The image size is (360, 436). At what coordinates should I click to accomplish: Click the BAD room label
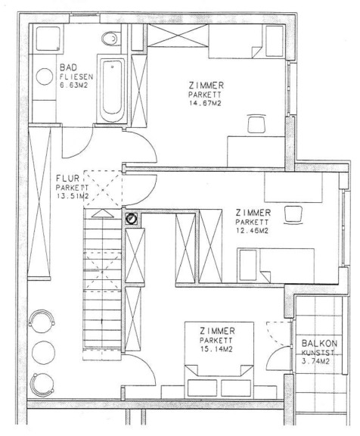(x=68, y=67)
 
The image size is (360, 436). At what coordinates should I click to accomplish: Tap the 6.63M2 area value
(x=73, y=85)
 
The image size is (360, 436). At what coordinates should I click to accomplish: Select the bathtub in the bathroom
(x=112, y=89)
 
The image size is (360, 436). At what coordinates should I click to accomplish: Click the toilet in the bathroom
(x=110, y=39)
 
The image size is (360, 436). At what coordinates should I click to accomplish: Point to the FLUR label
(x=67, y=178)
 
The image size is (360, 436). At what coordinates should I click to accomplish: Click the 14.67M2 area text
(x=205, y=104)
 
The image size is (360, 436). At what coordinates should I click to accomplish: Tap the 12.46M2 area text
(x=252, y=231)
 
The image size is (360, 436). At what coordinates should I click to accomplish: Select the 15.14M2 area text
(x=216, y=349)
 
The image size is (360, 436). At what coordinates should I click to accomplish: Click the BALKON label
(x=319, y=344)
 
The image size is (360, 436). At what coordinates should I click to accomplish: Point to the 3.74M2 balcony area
(x=315, y=362)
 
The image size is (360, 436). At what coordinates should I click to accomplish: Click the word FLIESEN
(x=76, y=76)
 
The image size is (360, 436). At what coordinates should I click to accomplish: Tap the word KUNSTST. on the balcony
(x=319, y=353)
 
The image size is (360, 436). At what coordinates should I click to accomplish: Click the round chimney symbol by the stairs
(x=131, y=219)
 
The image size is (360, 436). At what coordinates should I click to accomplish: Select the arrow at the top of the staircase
(x=103, y=213)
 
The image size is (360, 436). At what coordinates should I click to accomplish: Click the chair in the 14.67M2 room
(x=256, y=123)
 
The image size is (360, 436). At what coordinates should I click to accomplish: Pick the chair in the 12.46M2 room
(x=294, y=215)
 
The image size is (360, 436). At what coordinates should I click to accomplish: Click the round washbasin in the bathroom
(x=45, y=76)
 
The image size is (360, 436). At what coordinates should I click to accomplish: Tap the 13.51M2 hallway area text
(x=73, y=196)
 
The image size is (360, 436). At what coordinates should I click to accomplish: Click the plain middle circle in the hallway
(x=43, y=352)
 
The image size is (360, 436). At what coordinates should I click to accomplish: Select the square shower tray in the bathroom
(x=48, y=39)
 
